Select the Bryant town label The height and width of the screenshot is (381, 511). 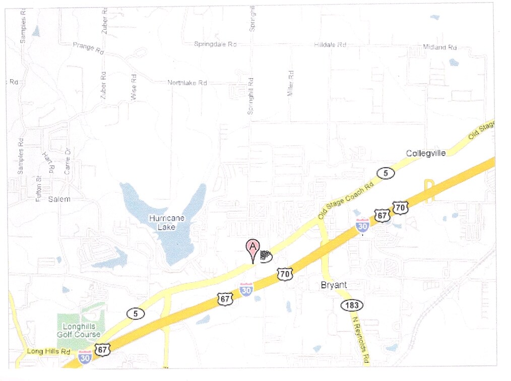[x=334, y=285]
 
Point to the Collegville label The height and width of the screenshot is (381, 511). [x=426, y=153]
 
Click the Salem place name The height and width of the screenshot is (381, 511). [x=59, y=200]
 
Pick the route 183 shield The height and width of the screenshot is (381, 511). [x=351, y=305]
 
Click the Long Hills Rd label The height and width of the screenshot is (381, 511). [x=48, y=351]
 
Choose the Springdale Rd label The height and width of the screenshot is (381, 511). [x=215, y=44]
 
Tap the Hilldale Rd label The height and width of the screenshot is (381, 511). [x=330, y=45]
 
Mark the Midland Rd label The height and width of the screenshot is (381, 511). [x=439, y=47]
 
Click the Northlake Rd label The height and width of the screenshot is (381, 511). [x=187, y=83]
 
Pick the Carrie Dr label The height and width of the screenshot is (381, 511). [x=67, y=162]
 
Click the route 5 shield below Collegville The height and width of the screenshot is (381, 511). [x=386, y=173]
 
